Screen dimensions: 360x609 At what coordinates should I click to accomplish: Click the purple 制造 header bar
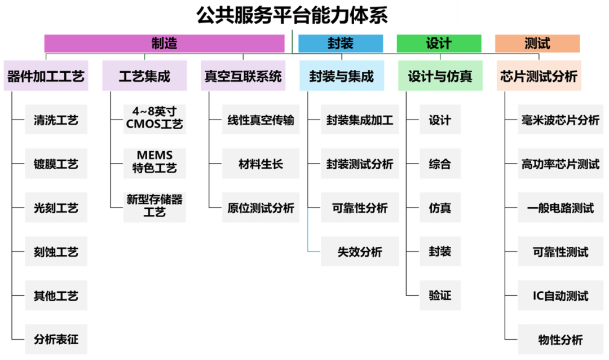(164, 43)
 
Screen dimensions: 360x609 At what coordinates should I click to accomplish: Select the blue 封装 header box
(341, 43)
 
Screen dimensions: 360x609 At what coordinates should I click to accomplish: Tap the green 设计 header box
(439, 43)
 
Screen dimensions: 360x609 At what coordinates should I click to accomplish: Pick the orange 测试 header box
(537, 43)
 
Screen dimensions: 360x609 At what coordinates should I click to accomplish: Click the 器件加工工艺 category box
(46, 76)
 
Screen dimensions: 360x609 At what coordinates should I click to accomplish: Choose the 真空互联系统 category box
(243, 76)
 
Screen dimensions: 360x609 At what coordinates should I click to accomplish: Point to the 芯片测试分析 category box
(539, 76)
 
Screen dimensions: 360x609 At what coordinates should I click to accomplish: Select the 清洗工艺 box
(56, 120)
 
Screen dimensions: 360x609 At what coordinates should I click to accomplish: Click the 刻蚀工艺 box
(56, 252)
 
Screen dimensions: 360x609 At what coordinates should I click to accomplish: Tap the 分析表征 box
(56, 340)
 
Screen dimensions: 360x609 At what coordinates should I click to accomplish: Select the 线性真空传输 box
(261, 120)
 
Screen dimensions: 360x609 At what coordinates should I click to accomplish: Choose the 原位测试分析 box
(261, 208)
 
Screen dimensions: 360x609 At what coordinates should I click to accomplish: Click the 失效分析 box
(360, 252)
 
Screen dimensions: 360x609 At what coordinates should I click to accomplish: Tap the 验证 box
(440, 296)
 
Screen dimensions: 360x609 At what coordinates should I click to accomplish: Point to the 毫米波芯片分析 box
(560, 120)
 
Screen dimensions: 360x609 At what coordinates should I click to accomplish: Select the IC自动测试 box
(560, 296)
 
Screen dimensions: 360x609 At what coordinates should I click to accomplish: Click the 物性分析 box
(560, 340)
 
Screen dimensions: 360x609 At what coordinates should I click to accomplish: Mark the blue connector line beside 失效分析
(308, 231)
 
